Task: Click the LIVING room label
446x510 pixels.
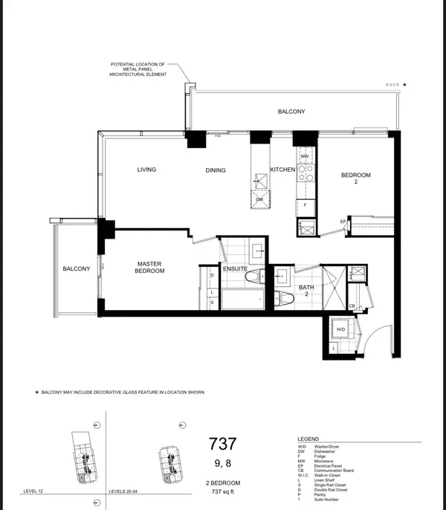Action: point(146,170)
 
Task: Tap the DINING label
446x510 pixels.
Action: point(216,170)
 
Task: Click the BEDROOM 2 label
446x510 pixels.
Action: point(355,178)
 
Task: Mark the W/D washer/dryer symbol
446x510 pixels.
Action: point(341,329)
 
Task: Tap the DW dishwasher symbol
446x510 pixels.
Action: point(259,200)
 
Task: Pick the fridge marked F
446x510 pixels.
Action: point(305,204)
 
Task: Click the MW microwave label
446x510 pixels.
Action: point(304,157)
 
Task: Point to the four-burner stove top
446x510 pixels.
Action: point(304,173)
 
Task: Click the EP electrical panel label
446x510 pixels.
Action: point(343,222)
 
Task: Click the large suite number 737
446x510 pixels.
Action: point(222,445)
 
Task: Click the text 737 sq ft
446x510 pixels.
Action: point(222,491)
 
